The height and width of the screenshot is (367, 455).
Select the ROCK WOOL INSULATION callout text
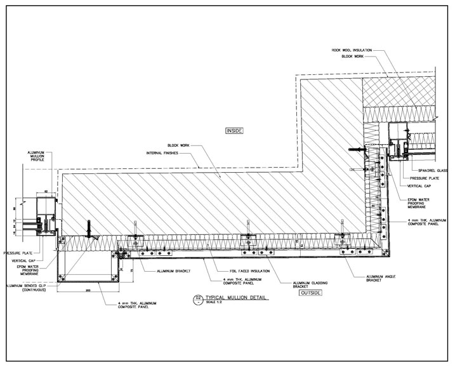pyautogui.click(x=350, y=50)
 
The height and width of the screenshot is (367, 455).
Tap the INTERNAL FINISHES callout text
pyautogui.click(x=161, y=153)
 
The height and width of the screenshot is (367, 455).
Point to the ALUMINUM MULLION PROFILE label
pyautogui.click(x=36, y=161)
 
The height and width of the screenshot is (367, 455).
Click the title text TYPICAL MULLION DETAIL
pyautogui.click(x=234, y=297)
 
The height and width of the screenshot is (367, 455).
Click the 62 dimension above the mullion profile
pyautogui.click(x=47, y=190)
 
